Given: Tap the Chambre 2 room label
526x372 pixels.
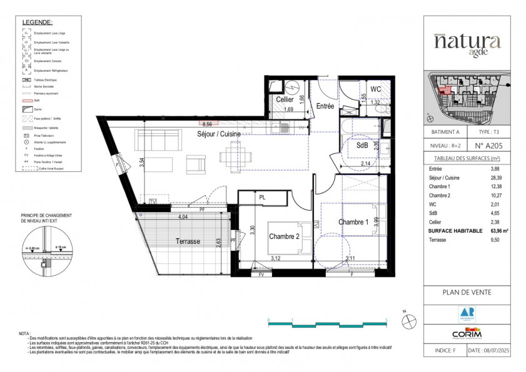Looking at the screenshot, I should click(285, 236).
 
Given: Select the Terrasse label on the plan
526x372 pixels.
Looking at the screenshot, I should click(188, 241).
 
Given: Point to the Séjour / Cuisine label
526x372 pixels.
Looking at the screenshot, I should click(219, 134).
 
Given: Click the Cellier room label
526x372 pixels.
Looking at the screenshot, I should click(285, 100).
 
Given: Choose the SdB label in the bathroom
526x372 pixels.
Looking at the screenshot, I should click(362, 145).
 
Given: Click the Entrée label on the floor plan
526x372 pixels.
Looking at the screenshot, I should click(325, 106).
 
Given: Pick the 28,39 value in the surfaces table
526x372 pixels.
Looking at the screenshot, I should click(498, 178).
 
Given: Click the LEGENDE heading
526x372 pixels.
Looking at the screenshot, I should click(38, 22).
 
